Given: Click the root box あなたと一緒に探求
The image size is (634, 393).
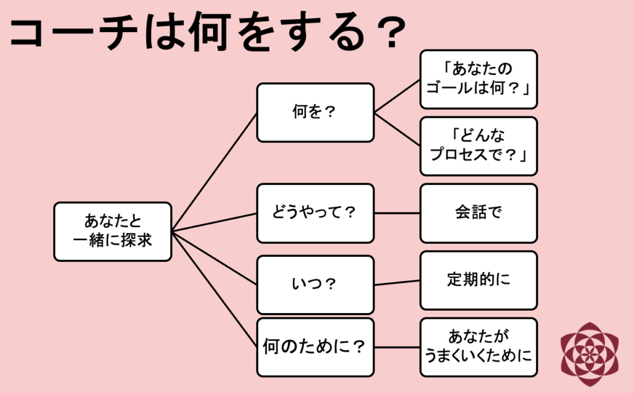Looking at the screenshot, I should tap(112, 231).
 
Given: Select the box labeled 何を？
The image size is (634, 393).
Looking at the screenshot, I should tap(315, 113).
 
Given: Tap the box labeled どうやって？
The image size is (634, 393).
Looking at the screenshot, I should tap(315, 213).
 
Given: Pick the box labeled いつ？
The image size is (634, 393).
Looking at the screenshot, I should tap(315, 285).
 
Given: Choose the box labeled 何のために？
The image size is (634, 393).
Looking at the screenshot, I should tap(315, 347).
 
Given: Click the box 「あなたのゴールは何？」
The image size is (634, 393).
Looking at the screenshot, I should tap(478, 79).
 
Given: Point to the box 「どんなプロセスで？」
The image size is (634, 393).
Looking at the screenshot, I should tap(478, 146).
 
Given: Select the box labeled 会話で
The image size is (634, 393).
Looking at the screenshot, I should tap(478, 213).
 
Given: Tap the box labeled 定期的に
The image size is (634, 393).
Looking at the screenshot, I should tap(478, 280).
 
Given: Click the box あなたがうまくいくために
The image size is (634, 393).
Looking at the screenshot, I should tap(478, 347).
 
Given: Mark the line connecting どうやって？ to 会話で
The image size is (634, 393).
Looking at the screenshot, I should tap(397, 213).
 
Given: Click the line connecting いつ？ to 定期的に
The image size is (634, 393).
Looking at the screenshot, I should tap(397, 283).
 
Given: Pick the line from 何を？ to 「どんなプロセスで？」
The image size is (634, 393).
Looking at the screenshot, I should tap(397, 129).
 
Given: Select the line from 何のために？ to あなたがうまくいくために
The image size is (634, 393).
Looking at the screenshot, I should tap(397, 347).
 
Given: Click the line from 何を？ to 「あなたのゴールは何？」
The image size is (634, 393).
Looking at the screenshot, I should tap(397, 96).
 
